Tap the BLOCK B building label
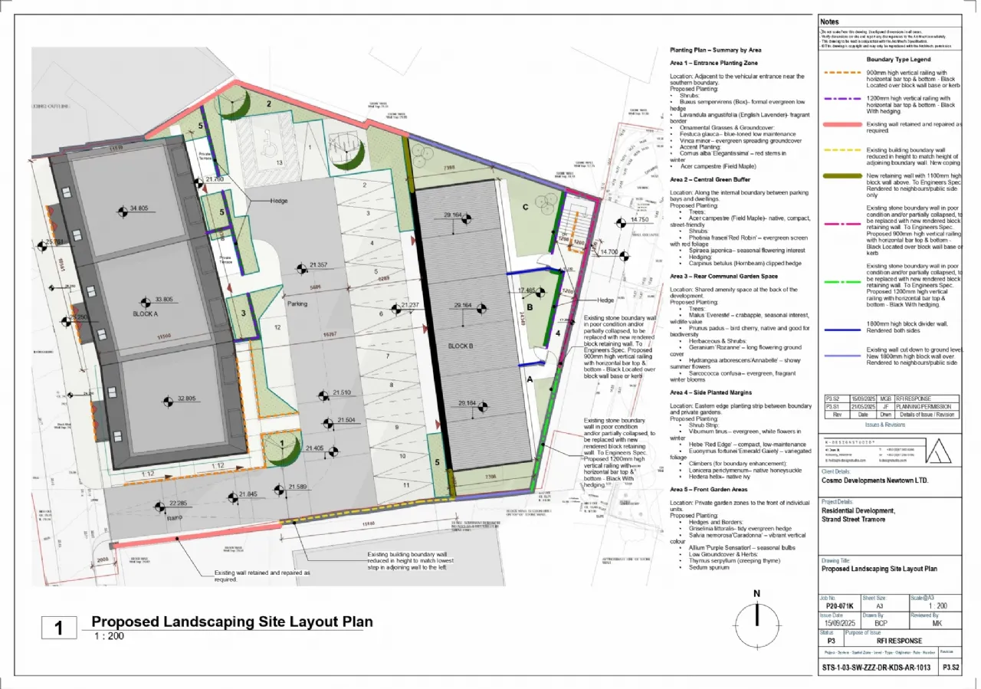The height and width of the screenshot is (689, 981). point(460,346)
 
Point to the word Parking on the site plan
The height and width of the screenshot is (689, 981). point(297,303)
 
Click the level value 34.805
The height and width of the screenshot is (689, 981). point(139,208)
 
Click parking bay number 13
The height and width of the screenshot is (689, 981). point(279,162)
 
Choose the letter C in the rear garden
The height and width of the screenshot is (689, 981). point(525,206)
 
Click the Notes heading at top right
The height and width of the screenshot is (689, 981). point(829,21)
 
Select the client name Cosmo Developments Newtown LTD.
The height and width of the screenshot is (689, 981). point(874,481)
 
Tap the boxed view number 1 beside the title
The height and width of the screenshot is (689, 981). point(59,628)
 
